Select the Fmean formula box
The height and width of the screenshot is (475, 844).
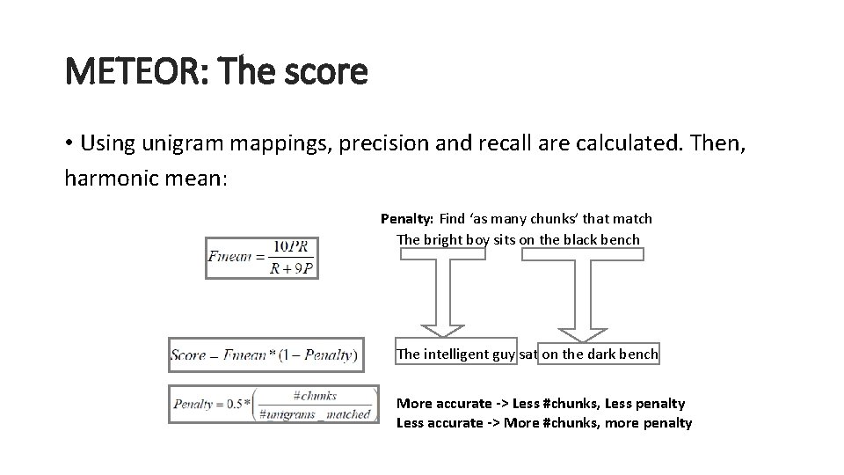[261, 257]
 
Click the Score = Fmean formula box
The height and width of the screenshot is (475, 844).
[266, 355]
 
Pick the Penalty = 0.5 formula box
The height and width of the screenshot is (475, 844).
[273, 404]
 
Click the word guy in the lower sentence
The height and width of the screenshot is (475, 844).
[504, 354]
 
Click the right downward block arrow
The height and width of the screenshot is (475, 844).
[581, 295]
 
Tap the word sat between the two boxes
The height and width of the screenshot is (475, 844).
[527, 354]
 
